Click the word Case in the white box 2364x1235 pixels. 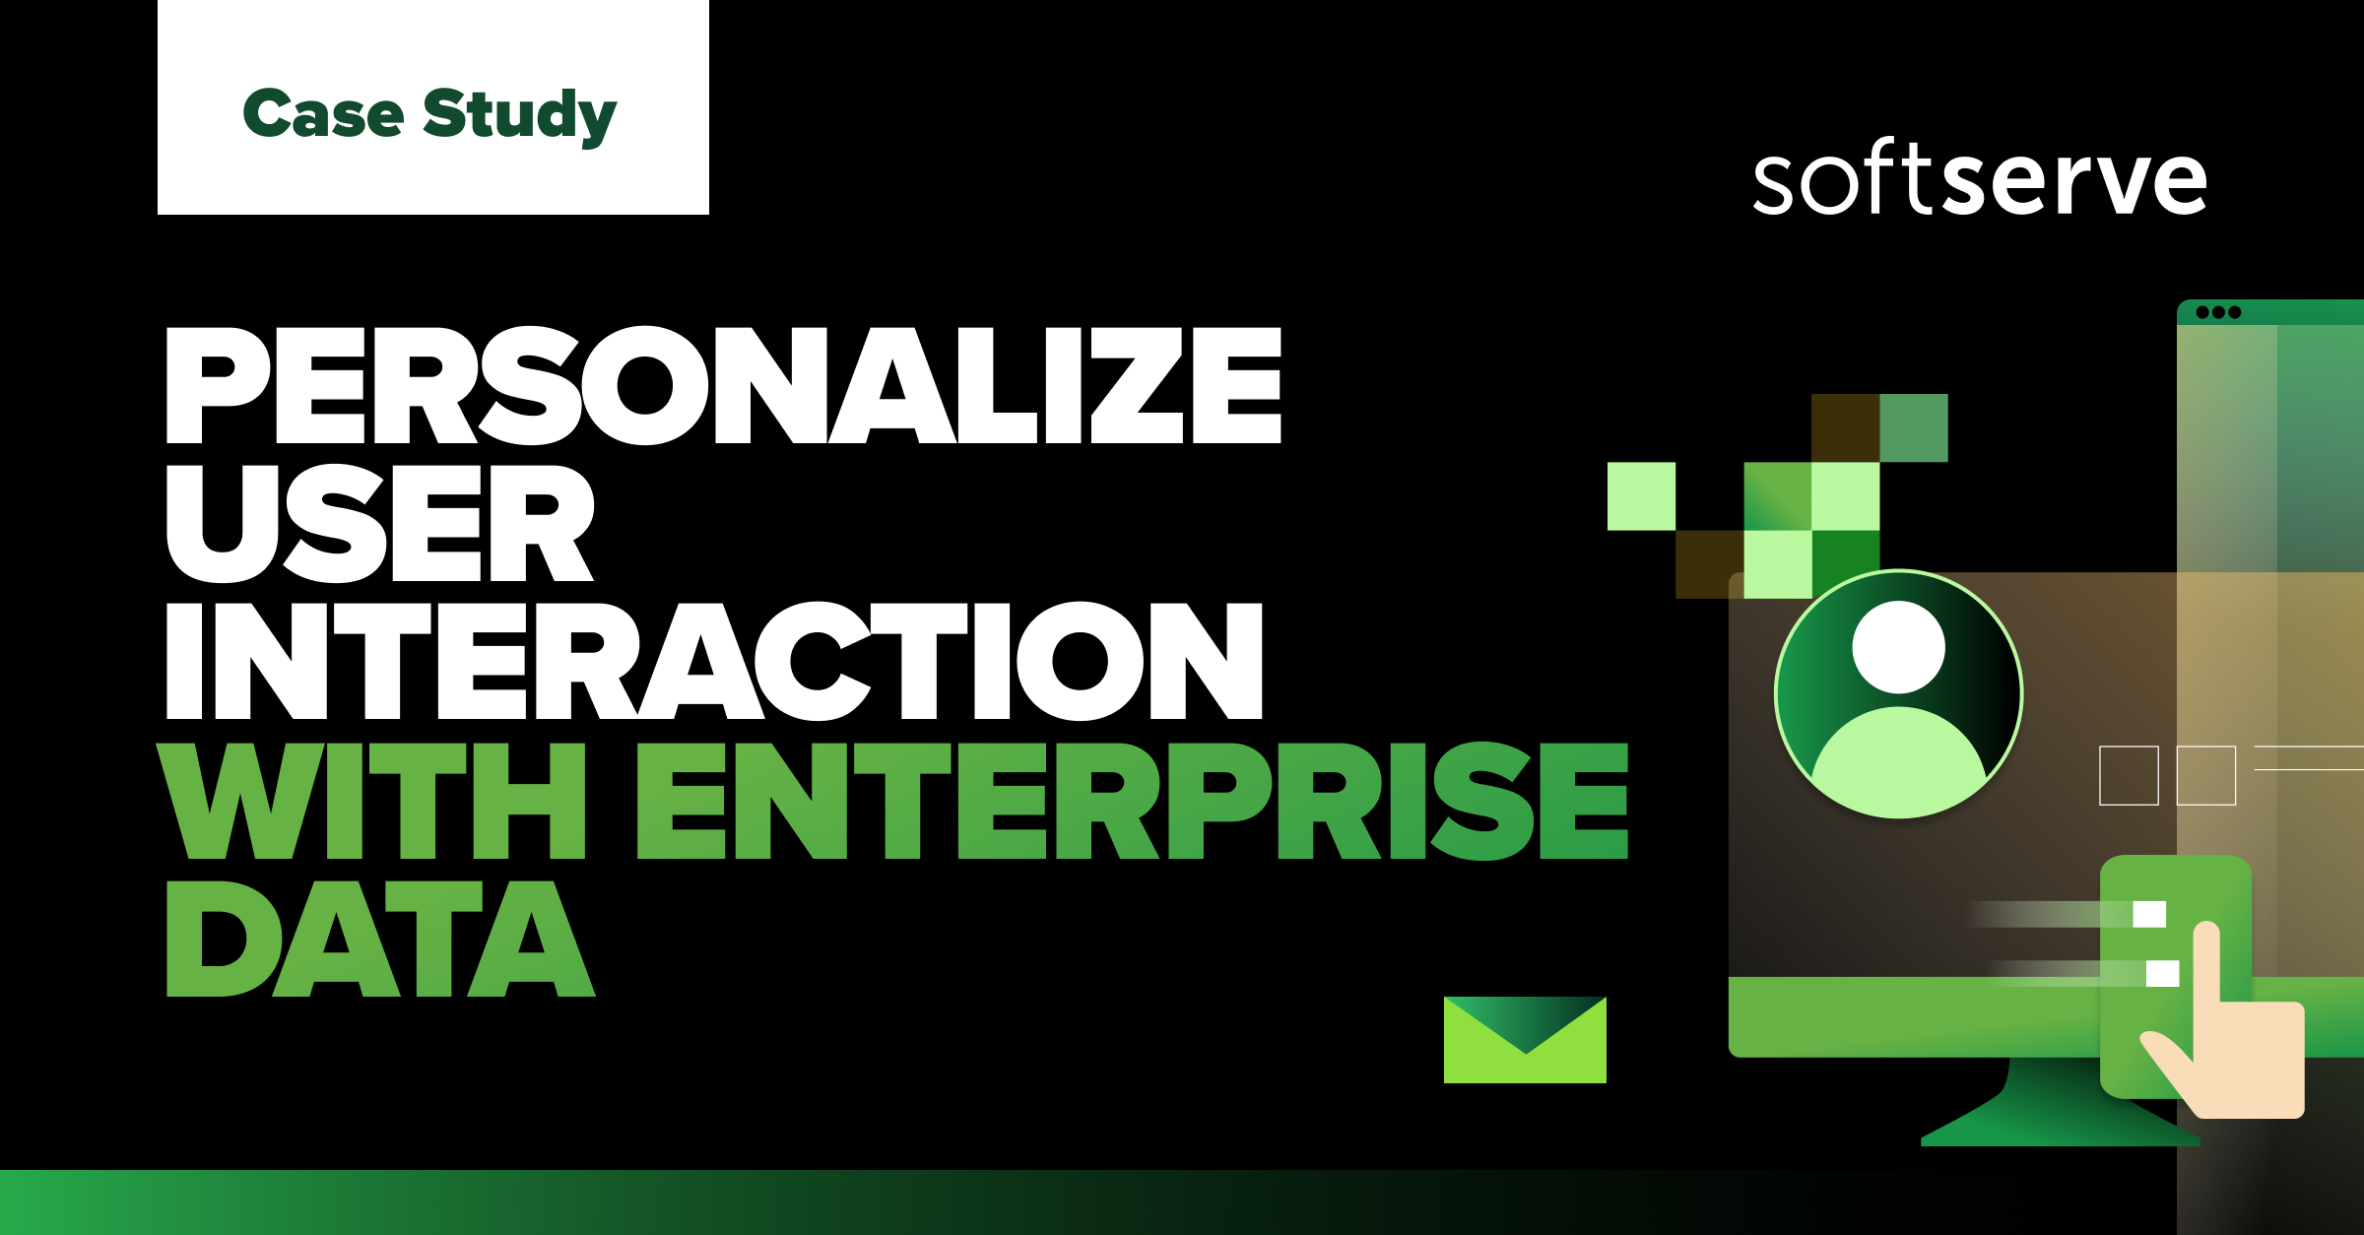[323, 114]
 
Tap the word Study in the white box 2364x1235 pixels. [519, 116]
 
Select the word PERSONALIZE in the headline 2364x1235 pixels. [724, 386]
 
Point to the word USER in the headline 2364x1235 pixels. [380, 523]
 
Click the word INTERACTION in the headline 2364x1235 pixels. [714, 661]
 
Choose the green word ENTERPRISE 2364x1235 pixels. [1133, 801]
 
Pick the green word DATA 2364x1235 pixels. [380, 939]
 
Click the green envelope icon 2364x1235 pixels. [1525, 1040]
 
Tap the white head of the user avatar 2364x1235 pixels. [1898, 647]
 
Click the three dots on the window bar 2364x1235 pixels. [2218, 312]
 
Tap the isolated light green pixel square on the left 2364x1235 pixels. [1641, 496]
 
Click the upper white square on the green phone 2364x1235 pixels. [2149, 914]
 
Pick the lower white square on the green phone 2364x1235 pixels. [2162, 973]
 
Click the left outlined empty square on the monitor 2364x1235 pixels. [2129, 776]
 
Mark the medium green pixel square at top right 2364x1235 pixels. [1914, 427]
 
